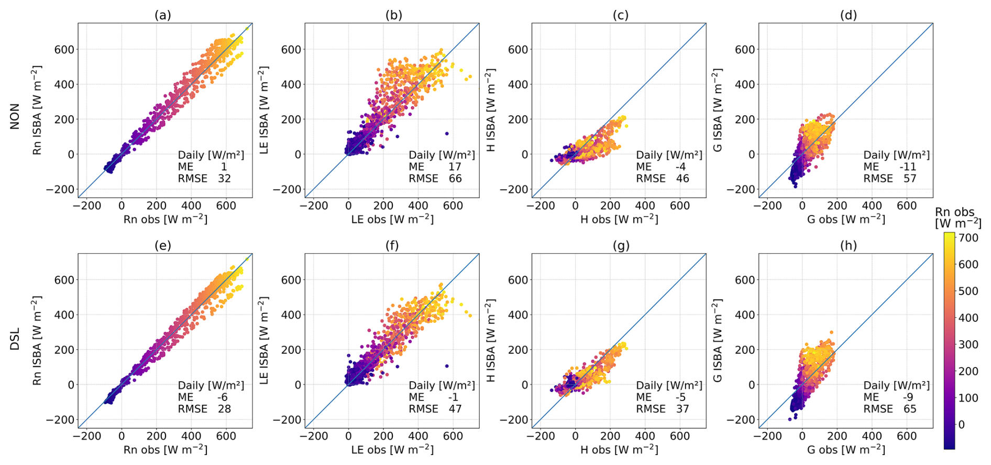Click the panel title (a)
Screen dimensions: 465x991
[162, 15]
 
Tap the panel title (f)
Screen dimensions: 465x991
[392, 245]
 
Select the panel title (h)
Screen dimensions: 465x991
[848, 245]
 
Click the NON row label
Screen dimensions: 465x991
[15, 116]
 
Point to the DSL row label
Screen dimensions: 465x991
[15, 339]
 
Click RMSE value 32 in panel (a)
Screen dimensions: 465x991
[224, 179]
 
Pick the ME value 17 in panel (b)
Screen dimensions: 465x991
[455, 167]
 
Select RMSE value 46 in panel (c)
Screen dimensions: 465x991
[682, 179]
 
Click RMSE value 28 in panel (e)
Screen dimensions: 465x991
[224, 409]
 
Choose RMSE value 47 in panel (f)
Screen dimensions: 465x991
[455, 409]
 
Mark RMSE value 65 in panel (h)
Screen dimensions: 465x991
[910, 409]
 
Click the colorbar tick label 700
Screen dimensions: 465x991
[968, 237]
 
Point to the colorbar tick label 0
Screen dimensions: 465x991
[961, 425]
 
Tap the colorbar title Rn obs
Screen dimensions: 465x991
[955, 212]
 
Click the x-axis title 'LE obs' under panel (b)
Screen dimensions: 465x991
[392, 219]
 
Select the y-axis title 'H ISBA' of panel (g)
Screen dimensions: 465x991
[491, 341]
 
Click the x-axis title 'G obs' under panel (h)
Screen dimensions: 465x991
[845, 450]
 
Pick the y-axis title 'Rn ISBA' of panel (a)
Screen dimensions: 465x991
[37, 110]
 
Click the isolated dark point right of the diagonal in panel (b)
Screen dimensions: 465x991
[447, 134]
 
